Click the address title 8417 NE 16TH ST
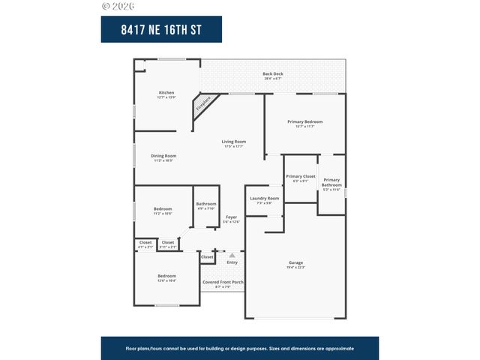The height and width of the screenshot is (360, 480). pyautogui.click(x=161, y=29)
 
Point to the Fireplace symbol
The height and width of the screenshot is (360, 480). pyautogui.click(x=203, y=103)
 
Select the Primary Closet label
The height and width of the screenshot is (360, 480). pyautogui.click(x=300, y=178)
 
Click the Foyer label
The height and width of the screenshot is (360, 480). pyautogui.click(x=232, y=218)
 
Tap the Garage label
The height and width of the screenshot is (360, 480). pyautogui.click(x=296, y=264)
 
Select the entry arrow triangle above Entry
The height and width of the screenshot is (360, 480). pyautogui.click(x=232, y=256)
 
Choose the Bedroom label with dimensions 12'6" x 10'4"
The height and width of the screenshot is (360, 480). pyautogui.click(x=166, y=277)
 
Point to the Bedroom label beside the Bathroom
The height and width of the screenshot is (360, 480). pyautogui.click(x=163, y=210)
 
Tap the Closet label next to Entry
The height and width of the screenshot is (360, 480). pyautogui.click(x=207, y=257)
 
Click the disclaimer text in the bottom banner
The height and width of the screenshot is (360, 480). pyautogui.click(x=239, y=349)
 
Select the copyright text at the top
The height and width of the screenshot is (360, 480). pyautogui.click(x=118, y=6)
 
